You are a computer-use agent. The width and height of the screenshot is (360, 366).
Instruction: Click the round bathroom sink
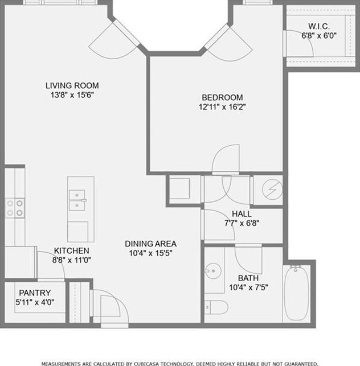pyautogui.click(x=214, y=270)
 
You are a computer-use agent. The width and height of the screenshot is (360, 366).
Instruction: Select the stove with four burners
pyautogui.click(x=16, y=208)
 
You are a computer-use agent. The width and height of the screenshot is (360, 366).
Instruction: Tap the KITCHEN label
pyautogui.click(x=71, y=250)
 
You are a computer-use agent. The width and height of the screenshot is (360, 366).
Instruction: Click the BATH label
pyautogui.click(x=248, y=278)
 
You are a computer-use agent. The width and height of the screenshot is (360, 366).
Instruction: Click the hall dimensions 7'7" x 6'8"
pyautogui.click(x=242, y=223)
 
